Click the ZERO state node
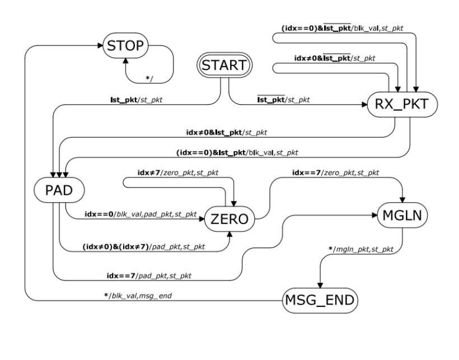pos(230,219)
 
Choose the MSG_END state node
pos(319,301)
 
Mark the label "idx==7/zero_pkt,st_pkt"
pos(335,173)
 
